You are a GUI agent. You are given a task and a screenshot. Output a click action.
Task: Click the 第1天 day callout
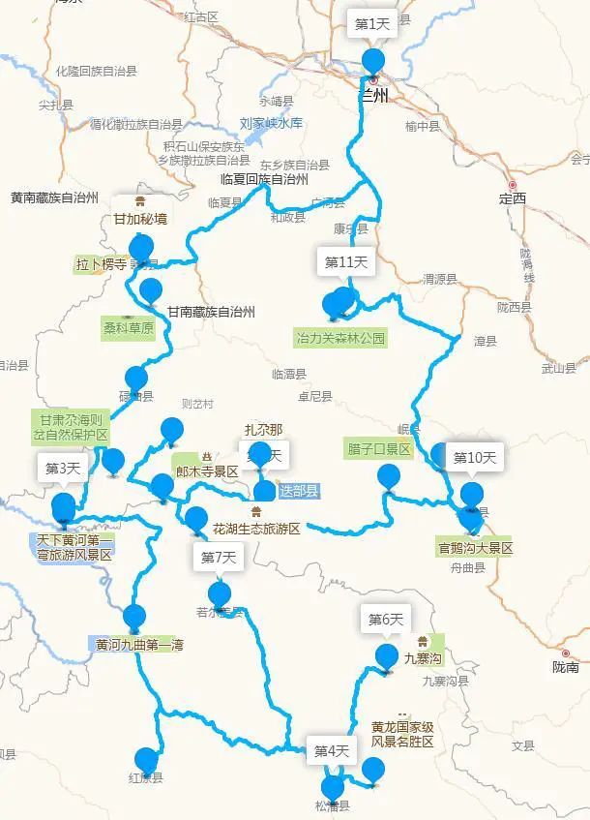[371, 24]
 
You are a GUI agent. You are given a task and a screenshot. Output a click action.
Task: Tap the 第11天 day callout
[344, 262]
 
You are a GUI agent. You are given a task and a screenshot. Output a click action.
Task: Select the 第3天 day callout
[63, 469]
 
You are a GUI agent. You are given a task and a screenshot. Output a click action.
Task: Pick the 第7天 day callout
[219, 557]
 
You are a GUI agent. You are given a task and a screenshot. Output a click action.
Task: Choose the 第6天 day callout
[385, 620]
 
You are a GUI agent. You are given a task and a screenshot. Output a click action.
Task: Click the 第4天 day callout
[332, 750]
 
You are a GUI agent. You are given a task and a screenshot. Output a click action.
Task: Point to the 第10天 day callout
[474, 457]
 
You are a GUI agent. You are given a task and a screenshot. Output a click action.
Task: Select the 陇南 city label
[566, 667]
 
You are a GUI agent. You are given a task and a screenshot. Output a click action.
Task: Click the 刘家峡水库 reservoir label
[272, 124]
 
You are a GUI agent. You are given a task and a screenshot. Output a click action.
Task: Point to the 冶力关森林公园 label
[340, 339]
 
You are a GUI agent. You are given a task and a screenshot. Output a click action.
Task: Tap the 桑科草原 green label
[129, 328]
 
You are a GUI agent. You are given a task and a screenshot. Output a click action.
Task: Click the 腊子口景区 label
[378, 450]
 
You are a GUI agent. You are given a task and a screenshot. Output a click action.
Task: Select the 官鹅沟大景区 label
[474, 548]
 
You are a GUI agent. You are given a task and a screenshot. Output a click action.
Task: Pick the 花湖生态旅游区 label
[256, 529]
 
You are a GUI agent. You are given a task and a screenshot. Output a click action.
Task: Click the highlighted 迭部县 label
[298, 491]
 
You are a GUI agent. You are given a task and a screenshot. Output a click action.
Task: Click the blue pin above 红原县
[146, 759]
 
